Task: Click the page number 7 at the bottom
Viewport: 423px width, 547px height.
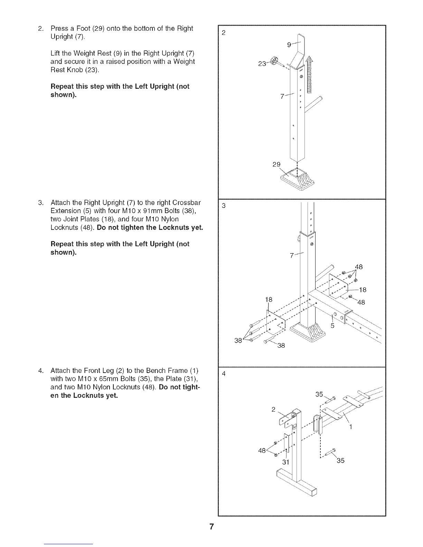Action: point(211,526)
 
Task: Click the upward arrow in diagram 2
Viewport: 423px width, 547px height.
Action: point(309,75)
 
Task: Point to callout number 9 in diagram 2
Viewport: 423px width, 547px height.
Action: point(289,45)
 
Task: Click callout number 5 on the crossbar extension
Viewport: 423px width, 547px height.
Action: point(333,326)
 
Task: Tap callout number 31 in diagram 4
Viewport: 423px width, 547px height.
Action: point(285,462)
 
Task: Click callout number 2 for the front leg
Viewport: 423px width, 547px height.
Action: point(273,410)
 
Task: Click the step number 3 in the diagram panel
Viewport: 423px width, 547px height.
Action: point(224,206)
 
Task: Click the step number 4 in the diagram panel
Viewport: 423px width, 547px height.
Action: point(224,374)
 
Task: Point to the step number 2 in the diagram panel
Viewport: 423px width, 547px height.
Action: point(224,33)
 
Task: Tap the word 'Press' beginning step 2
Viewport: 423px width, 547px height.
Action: point(59,28)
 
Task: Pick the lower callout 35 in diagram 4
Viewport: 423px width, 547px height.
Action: point(340,460)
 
